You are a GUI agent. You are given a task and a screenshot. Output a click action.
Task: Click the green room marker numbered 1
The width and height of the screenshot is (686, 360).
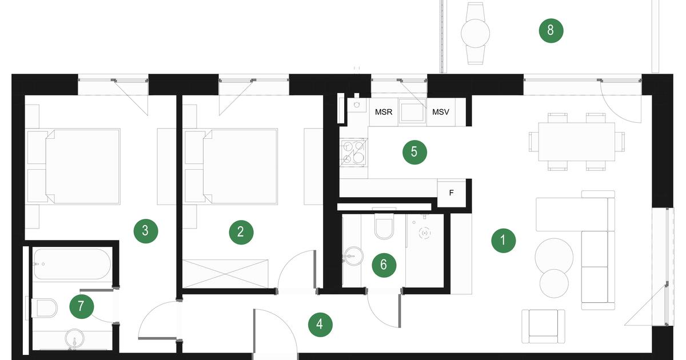[503, 241]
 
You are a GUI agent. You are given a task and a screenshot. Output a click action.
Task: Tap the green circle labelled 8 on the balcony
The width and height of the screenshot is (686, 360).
[551, 31]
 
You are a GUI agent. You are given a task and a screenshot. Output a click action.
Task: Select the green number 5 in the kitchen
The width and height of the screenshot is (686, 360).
[414, 152]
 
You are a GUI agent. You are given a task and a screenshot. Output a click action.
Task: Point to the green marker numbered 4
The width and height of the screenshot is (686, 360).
[320, 325]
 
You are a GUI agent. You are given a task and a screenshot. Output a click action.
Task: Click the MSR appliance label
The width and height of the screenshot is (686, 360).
[384, 112]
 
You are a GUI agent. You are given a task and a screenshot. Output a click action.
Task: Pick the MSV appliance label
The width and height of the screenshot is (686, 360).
[441, 112]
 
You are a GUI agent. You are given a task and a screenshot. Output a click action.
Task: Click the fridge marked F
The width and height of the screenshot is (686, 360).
[452, 193]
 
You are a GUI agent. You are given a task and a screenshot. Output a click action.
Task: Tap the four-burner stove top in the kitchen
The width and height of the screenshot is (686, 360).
[354, 152]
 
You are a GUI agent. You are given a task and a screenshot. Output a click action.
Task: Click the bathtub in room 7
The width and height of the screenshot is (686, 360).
[72, 264]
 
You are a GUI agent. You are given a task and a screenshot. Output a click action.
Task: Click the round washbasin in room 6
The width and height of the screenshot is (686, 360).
[353, 256]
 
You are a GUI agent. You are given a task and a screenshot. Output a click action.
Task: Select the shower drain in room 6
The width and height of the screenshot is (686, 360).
[425, 233]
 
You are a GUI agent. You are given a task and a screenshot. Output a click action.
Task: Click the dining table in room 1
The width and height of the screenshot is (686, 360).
[577, 142]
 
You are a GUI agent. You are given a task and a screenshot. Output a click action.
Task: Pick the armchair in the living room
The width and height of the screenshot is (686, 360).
[543, 326]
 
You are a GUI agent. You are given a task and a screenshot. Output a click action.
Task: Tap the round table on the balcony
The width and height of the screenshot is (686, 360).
[475, 33]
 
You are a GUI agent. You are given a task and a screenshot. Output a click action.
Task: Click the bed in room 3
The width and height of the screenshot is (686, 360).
[74, 166]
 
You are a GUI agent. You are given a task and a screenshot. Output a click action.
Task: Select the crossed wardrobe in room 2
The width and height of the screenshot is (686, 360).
[225, 274]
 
